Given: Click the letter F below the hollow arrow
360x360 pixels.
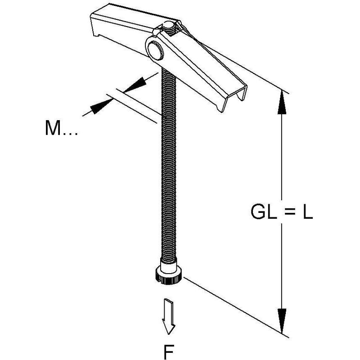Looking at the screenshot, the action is tap(169, 351).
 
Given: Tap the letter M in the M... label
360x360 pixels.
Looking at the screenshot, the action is tap(53, 128).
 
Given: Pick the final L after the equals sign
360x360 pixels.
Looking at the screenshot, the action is tap(308, 211).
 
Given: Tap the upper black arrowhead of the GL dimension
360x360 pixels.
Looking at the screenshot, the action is tap(282, 102).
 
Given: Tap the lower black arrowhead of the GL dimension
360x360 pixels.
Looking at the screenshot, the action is tap(282, 320).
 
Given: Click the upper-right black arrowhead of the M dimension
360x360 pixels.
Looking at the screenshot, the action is tap(135, 85).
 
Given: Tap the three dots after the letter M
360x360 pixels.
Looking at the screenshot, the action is tap(70, 134).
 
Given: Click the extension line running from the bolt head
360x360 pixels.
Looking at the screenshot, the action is tap(236, 307).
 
